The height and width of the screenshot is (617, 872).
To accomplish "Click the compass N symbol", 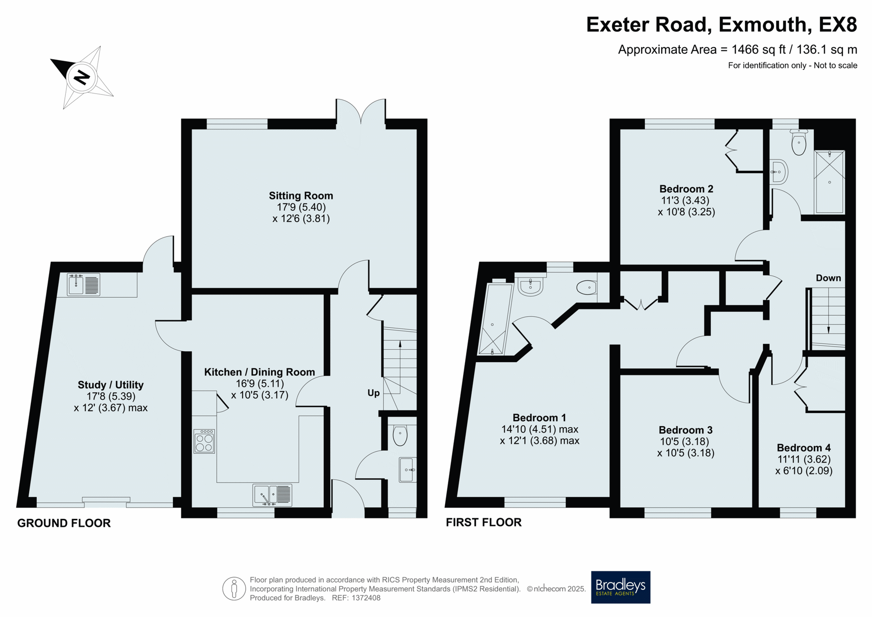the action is pyautogui.click(x=82, y=77).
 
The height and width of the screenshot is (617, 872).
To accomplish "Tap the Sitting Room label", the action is pyautogui.click(x=301, y=196).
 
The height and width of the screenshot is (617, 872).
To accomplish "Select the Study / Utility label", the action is pyautogui.click(x=110, y=385).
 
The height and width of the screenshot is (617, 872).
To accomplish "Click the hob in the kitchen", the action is pyautogui.click(x=204, y=442).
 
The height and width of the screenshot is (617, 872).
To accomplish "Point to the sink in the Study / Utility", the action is pyautogui.click(x=84, y=285).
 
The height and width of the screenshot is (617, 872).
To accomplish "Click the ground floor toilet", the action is pyautogui.click(x=400, y=435).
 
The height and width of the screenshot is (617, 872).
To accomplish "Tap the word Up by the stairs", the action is pyautogui.click(x=373, y=393).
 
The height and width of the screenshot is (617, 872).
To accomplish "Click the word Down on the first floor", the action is pyautogui.click(x=828, y=278).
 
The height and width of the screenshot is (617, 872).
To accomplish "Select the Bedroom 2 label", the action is pyautogui.click(x=686, y=189).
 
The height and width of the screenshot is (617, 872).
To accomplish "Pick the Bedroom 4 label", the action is pyautogui.click(x=803, y=448).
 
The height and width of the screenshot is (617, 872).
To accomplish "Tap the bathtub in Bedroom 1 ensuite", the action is pyautogui.click(x=495, y=318).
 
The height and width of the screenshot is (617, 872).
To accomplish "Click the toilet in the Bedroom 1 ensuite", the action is pyautogui.click(x=587, y=287).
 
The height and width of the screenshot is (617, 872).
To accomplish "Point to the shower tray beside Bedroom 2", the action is pyautogui.click(x=830, y=182).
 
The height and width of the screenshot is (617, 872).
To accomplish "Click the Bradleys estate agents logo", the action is pyautogui.click(x=620, y=587).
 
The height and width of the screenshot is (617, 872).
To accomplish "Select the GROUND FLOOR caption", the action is pyautogui.click(x=64, y=523).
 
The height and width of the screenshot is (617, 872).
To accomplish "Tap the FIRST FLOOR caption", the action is pyautogui.click(x=484, y=522).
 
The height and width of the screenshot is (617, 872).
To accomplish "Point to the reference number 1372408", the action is pyautogui.click(x=366, y=598).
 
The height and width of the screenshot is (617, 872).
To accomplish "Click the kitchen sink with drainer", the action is pyautogui.click(x=272, y=495).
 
